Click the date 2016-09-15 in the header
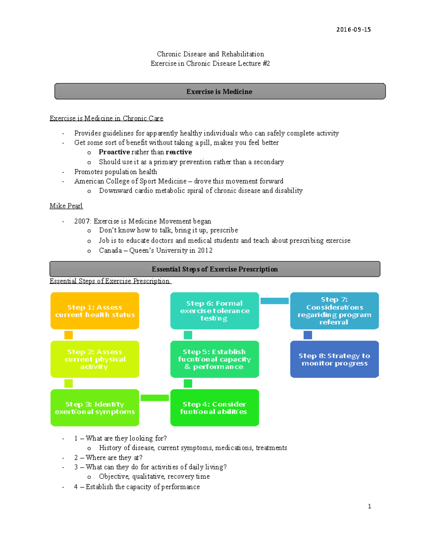click(353, 29)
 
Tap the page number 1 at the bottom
click(369, 506)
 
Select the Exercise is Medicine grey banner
click(220, 91)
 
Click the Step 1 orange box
click(95, 311)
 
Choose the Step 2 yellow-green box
click(95, 359)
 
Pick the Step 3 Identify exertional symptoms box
click(95, 408)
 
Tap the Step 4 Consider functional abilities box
click(214, 408)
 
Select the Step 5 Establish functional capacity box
click(214, 359)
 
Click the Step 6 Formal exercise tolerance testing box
click(214, 311)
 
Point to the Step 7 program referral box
click(334, 311)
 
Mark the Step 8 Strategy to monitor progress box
click(334, 359)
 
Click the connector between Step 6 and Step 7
click(274, 301)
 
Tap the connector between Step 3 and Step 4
click(155, 398)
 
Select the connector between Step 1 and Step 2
click(68, 335)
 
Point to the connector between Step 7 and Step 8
click(308, 335)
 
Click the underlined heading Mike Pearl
click(66, 206)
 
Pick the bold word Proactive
click(114, 152)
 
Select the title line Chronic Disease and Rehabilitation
click(210, 54)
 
